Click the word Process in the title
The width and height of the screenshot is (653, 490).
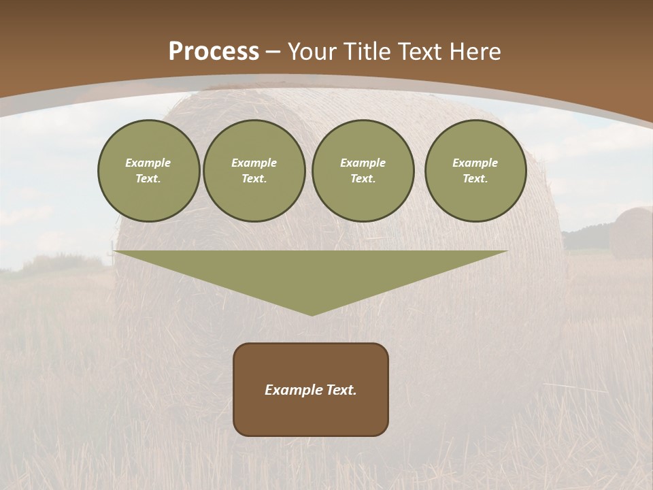[214, 52]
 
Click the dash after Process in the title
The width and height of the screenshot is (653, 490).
[273, 53]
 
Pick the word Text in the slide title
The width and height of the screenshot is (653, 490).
[421, 52]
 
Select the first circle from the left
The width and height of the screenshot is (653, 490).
[149, 171]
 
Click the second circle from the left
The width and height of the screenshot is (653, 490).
[254, 171]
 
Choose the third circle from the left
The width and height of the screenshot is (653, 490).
[363, 171]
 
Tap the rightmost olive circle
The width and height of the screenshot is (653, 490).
[475, 171]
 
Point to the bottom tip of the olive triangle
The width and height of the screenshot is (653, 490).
[312, 314]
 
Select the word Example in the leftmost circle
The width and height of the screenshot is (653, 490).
[148, 163]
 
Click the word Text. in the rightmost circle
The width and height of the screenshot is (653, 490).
[475, 179]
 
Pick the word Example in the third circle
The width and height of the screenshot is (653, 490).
[363, 163]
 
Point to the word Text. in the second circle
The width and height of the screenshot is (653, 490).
[254, 179]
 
